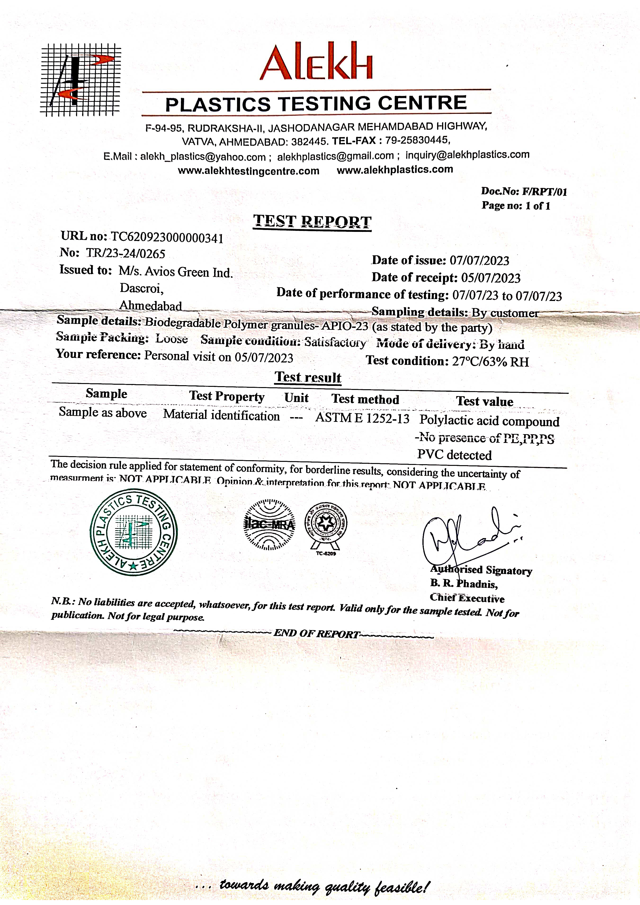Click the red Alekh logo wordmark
[316, 62]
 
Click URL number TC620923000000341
[167, 238]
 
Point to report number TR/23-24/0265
[125, 253]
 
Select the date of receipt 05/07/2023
[491, 278]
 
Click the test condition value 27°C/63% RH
[490, 362]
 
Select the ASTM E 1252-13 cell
[362, 418]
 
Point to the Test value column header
[485, 401]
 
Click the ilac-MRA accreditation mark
[269, 525]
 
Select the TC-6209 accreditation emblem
[326, 527]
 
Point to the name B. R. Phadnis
[464, 584]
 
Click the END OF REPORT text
[316, 633]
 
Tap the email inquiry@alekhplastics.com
[467, 155]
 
